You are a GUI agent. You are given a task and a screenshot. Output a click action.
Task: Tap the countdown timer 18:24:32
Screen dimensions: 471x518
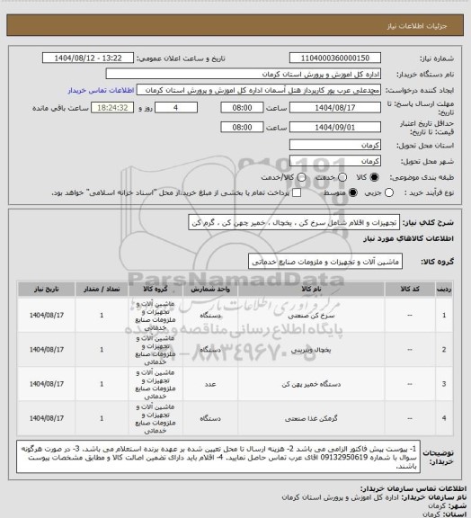click(114, 106)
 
